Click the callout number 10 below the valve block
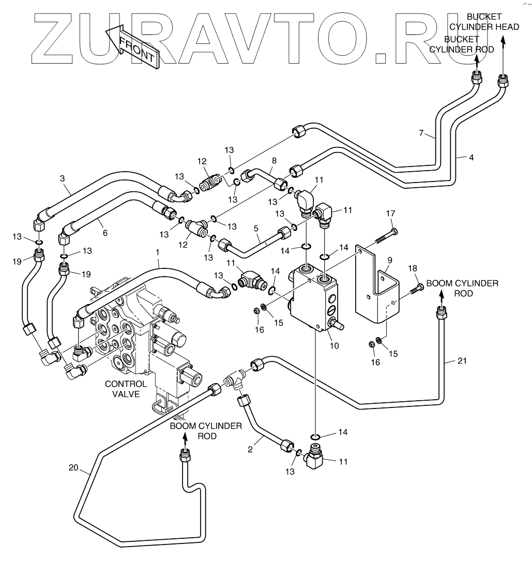(334, 345)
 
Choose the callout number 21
(462, 360)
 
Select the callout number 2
(250, 449)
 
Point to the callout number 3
(63, 178)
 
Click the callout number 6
(105, 233)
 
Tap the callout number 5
(256, 228)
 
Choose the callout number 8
(274, 161)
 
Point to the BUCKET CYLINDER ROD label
(461, 44)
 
